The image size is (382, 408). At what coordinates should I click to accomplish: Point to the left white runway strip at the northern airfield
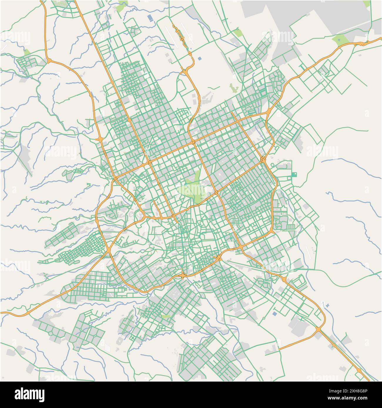coord(171,37)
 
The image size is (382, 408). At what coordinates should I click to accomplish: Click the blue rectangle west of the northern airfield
coord(150,18)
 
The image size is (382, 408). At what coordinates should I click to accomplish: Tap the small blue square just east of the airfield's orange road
coord(200,58)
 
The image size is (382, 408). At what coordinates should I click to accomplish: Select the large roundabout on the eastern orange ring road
coord(263,159)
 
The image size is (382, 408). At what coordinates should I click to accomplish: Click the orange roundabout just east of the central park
coord(216,192)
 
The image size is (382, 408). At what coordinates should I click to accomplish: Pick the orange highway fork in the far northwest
coord(49,61)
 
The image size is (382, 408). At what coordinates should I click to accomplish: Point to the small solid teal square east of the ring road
coord(295,175)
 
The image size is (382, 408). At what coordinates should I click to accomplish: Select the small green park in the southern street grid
coord(166,317)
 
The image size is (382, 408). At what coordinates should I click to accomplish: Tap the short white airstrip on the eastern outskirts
coord(308,253)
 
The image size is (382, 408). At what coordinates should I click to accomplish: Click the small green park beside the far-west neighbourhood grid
coord(27,52)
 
